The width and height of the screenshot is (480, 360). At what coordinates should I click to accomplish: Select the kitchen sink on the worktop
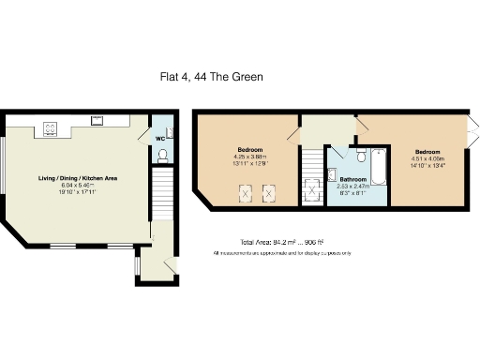click(97, 119)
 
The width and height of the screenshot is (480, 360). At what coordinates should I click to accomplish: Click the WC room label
click(161, 138)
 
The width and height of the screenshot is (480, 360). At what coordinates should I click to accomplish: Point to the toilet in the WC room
click(164, 154)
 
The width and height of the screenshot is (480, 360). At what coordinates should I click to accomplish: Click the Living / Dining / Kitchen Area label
click(77, 177)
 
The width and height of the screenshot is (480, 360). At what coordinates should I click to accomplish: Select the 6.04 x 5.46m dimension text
click(77, 185)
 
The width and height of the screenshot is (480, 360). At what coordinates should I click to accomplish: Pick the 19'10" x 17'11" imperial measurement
click(77, 192)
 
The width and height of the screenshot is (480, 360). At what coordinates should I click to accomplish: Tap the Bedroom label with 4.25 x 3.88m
click(249, 150)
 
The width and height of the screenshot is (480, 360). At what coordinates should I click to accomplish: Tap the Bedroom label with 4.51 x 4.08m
click(427, 152)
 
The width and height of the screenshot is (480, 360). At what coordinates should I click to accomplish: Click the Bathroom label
click(352, 179)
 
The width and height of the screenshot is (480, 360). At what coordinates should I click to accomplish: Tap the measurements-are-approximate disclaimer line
click(281, 253)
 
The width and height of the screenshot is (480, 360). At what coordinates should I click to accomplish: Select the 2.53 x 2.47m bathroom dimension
click(352, 186)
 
